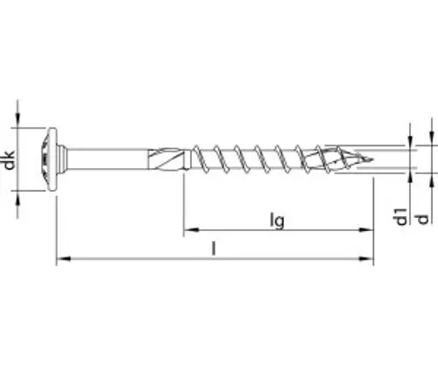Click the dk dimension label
(x=10, y=160)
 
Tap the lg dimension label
(x=277, y=221)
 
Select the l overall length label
(x=214, y=249)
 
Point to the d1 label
(x=401, y=216)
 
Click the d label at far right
(x=422, y=219)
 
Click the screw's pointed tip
(x=372, y=159)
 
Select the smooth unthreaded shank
(x=108, y=159)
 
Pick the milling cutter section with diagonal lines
(x=166, y=159)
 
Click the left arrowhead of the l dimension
(x=63, y=258)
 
